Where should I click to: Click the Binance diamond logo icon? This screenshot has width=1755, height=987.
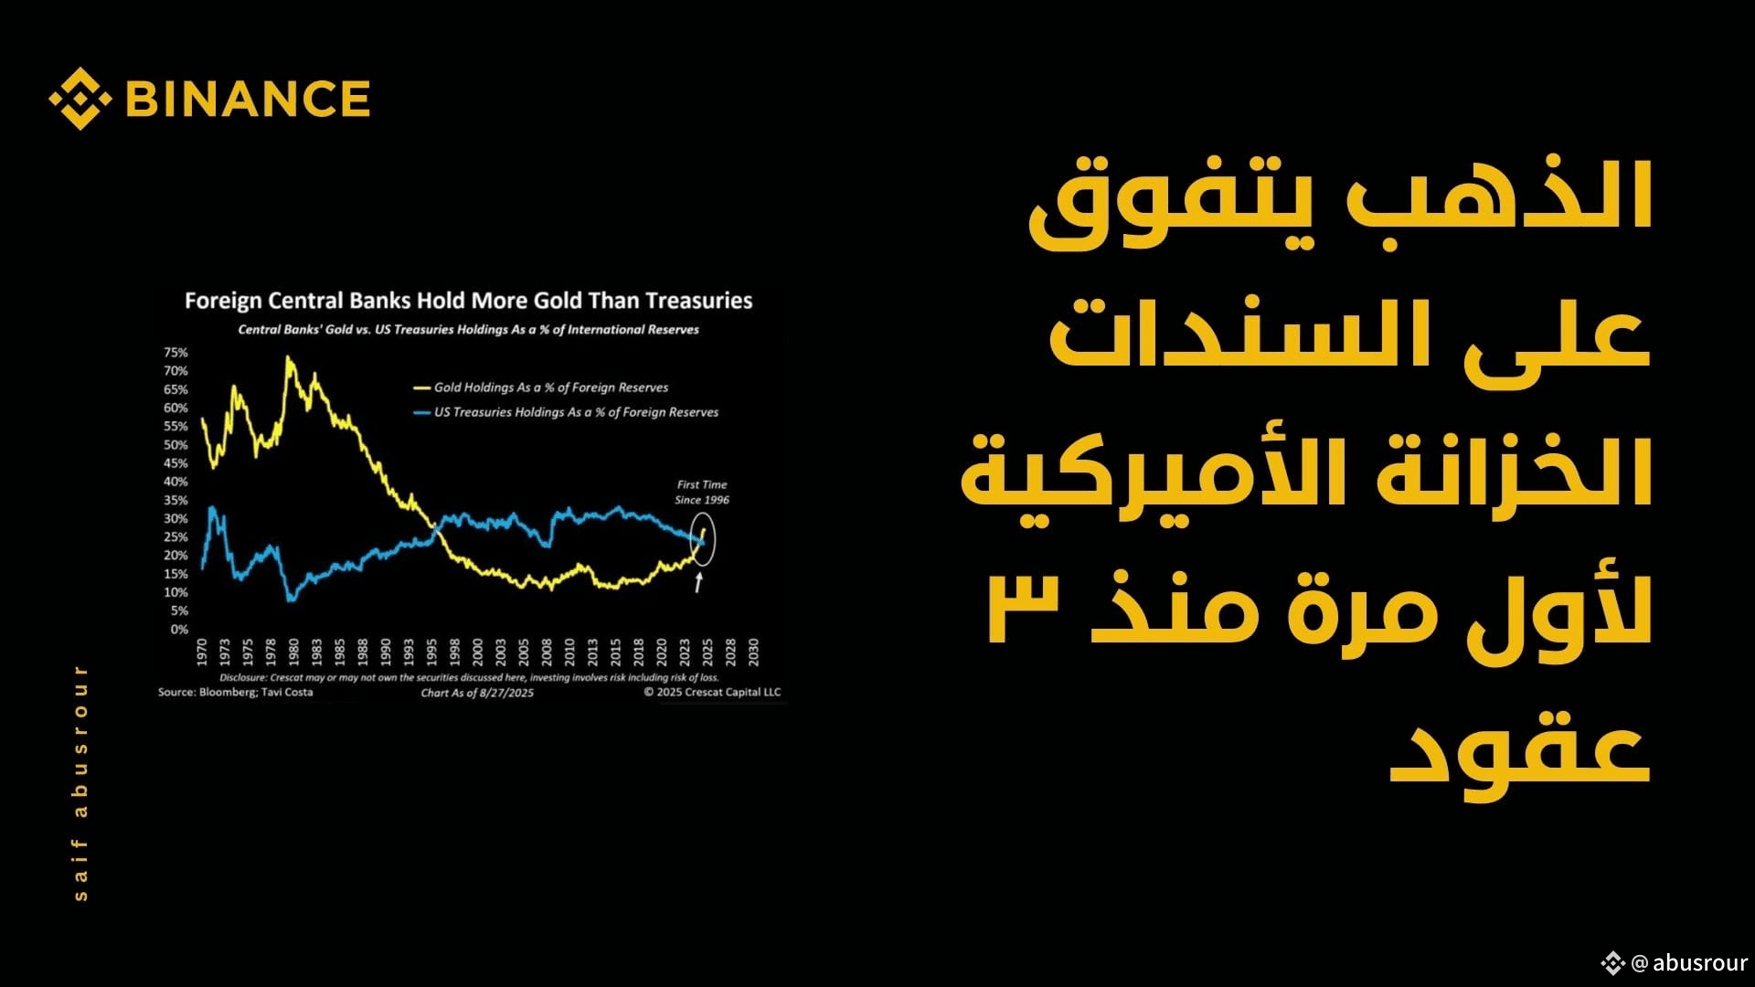coord(80,98)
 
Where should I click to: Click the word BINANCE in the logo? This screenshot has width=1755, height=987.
coord(248,99)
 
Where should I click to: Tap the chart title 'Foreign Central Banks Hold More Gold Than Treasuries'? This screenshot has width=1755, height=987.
coord(469,301)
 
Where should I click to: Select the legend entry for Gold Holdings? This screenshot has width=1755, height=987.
coord(541,387)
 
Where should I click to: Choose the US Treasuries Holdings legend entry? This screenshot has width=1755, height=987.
coord(566,412)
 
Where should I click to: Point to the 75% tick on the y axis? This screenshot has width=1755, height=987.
coord(175,353)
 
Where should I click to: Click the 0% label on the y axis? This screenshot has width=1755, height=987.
coord(179,629)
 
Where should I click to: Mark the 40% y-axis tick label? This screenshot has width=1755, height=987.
coord(175,482)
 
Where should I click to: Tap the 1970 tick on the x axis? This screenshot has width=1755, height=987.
coord(202,653)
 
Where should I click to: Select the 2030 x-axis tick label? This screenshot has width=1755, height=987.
coord(753,653)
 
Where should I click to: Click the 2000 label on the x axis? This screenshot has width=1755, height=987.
coord(478,653)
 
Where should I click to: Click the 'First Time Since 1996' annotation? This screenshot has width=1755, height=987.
coord(702,493)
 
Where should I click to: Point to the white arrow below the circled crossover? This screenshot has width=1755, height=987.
coord(699,582)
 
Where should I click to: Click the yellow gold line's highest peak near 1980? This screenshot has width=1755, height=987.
coord(289,357)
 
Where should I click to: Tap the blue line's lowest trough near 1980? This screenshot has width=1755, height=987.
coord(291,600)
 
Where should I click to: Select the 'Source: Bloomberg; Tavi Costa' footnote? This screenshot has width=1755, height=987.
coord(236,693)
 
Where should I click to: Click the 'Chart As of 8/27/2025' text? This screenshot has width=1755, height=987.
coord(477,693)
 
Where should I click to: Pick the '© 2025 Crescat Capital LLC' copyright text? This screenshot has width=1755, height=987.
coord(712,693)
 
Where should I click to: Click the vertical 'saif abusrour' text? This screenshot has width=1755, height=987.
coord(80,783)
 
